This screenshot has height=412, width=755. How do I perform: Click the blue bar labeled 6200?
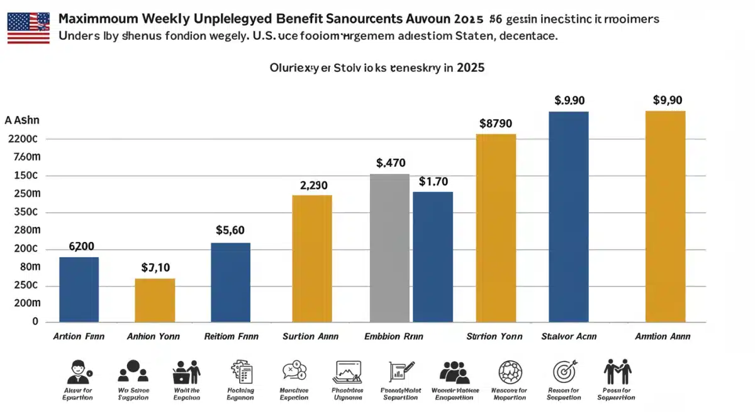(79, 289)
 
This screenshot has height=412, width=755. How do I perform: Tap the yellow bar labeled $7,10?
(155, 300)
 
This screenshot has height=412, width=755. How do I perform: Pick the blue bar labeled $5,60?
(230, 282)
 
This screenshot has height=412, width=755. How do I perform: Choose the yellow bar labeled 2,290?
(311, 258)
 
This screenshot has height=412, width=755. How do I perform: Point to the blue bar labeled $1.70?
(433, 256)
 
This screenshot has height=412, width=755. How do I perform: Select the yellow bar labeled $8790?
(496, 227)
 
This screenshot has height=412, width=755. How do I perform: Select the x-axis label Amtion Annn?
(663, 336)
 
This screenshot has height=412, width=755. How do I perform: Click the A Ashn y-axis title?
(21, 120)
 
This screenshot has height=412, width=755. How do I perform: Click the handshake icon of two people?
(617, 371)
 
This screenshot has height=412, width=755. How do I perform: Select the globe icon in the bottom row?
(510, 371)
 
